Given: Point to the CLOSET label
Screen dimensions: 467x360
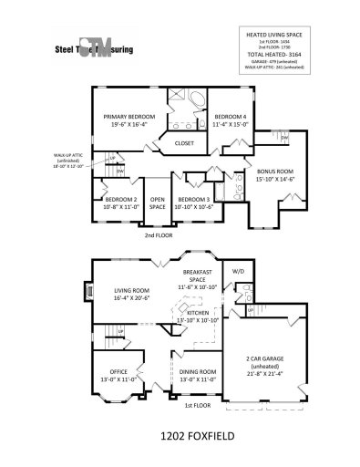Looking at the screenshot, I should [183, 143].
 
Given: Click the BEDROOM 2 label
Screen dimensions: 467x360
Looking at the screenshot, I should [120, 202].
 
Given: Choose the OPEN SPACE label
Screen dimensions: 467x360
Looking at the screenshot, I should [158, 202].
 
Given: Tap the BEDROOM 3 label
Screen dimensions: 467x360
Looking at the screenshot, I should [195, 202].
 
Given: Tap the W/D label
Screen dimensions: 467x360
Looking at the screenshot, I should [239, 272].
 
